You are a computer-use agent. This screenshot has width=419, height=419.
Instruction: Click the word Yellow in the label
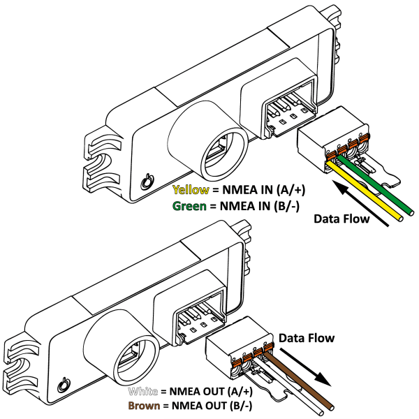pos(189,190)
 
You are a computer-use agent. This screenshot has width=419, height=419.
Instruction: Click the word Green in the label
pos(189,206)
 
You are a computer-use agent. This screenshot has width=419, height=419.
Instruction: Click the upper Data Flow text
pos(342,219)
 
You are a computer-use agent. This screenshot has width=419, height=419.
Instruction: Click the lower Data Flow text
pos(307,338)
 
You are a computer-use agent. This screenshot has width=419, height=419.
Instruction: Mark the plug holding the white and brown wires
pos(237,349)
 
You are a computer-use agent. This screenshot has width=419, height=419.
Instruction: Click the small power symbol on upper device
pos(145,182)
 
